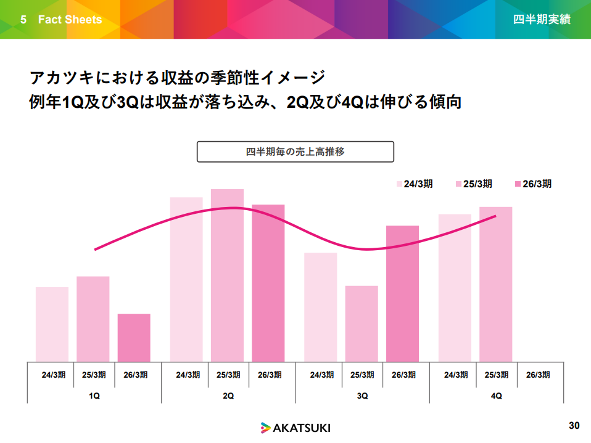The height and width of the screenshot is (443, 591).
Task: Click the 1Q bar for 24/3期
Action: pos(52,324)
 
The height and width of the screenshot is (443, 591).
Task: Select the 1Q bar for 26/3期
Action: pos(134,338)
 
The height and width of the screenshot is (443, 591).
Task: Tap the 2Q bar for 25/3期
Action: pos(227,275)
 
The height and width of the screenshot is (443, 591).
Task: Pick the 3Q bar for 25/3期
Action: pos(362,323)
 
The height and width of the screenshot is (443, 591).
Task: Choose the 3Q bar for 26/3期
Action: pos(402,293)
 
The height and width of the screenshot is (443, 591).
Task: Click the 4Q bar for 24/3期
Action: pos(455,288)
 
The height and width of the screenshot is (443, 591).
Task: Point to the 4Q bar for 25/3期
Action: pos(495,284)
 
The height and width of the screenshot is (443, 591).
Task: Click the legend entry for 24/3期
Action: pos(415,184)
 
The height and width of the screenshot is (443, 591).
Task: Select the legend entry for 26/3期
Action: pos(532,184)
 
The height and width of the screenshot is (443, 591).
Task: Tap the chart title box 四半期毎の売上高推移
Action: pos(295,152)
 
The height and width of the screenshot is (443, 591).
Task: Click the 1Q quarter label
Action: pos(94,396)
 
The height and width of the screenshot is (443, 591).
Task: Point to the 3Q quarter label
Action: pos(362,396)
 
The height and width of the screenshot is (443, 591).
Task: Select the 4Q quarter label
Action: pos(496,396)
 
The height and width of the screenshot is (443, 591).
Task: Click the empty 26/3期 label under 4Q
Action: pos(538,375)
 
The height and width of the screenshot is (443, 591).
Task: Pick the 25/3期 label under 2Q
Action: pos(228,375)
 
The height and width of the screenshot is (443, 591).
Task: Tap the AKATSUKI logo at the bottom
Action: pos(295,427)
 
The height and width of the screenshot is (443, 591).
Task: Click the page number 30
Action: pos(574,426)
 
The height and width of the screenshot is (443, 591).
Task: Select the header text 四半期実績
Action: pos(542,20)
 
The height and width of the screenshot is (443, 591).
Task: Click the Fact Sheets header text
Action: pos(70,20)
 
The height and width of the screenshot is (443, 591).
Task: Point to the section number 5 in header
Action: pos(23,20)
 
